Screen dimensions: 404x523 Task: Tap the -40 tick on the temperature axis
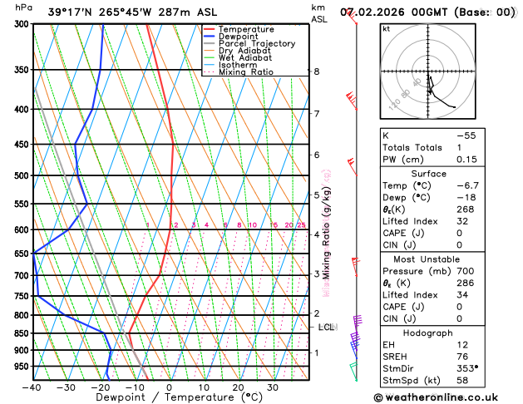(x=33, y=387)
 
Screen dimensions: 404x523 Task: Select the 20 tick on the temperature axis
(x=238, y=387)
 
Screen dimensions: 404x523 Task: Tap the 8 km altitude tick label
(x=316, y=71)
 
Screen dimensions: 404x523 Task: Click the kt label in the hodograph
(x=387, y=29)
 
